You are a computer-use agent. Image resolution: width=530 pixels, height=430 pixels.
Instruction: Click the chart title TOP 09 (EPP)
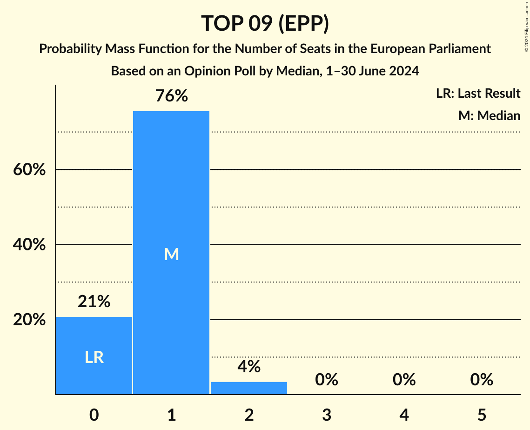(x=265, y=23)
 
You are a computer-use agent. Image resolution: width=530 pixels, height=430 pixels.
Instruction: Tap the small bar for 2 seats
(x=249, y=388)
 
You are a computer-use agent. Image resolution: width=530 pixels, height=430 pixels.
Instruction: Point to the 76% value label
(x=171, y=96)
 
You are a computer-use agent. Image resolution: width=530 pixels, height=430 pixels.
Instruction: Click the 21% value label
(x=94, y=302)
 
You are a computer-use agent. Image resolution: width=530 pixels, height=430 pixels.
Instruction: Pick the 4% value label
(x=249, y=367)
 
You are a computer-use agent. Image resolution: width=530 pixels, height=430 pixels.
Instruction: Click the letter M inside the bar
(x=171, y=254)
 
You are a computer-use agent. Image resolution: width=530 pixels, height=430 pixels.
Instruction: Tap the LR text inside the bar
(x=94, y=357)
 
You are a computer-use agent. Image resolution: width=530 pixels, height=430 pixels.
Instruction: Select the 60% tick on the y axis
(x=29, y=170)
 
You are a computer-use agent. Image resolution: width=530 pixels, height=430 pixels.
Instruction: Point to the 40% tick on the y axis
(x=29, y=245)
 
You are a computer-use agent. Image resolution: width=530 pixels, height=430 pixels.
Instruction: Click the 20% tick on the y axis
(x=29, y=320)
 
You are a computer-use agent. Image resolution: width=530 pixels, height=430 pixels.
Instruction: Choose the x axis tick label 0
(x=94, y=415)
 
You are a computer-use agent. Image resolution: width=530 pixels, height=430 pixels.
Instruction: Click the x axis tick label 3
(x=326, y=415)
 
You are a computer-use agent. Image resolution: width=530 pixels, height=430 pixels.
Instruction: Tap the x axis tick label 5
(x=482, y=415)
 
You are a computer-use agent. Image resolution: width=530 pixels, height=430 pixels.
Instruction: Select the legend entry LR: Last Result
(x=478, y=94)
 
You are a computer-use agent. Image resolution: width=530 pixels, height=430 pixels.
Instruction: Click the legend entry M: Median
(x=489, y=115)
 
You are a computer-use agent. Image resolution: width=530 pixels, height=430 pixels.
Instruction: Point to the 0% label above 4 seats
(x=404, y=380)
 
